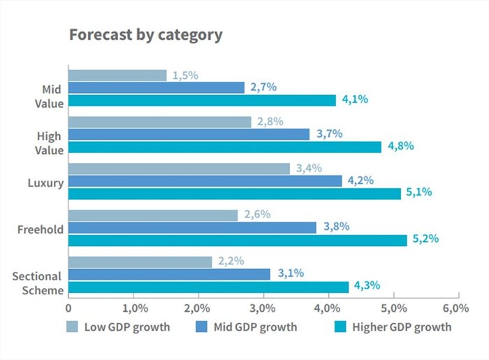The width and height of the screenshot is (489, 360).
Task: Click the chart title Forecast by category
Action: point(145,35)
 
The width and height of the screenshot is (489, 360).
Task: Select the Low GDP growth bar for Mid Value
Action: point(117,75)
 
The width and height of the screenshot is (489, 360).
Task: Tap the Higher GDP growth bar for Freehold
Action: point(237,240)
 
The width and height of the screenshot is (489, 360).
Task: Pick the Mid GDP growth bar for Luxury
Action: point(205,181)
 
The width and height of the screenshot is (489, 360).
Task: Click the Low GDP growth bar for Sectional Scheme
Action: point(140,262)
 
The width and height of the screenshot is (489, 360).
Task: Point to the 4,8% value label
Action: point(400,146)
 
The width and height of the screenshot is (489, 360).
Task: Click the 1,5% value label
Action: point(185,75)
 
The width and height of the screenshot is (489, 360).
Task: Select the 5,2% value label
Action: point(425,239)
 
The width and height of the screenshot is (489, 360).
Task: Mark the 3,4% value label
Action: point(308,168)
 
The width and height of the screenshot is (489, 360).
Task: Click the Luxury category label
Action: point(46,183)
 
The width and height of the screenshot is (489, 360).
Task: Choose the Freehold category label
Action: point(41,229)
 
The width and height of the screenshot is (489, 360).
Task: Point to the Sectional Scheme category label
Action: point(37,282)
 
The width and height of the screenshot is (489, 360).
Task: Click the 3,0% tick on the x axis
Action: point(263,308)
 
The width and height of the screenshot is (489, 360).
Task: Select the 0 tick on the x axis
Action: point(68,308)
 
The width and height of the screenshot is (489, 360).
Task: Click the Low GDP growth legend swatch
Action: point(72,326)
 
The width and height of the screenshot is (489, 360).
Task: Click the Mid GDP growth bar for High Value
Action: point(189,134)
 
